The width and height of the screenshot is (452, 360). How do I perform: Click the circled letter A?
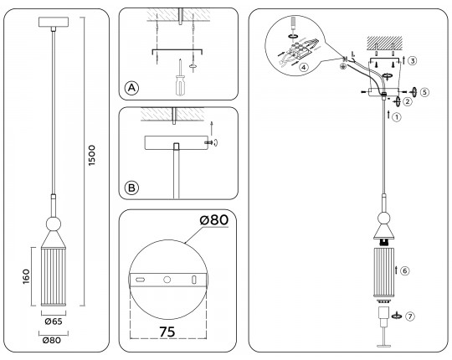(x=131, y=88)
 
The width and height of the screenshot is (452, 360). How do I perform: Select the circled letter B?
(x=131, y=187)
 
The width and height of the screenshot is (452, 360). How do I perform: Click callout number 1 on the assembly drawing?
(x=397, y=118)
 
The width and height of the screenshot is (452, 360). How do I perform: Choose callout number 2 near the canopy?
(x=408, y=102)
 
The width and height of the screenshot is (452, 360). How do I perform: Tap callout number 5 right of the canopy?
(x=424, y=91)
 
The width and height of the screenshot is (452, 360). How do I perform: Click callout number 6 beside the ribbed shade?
(x=404, y=270)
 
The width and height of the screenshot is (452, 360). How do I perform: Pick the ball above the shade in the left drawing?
(x=53, y=224)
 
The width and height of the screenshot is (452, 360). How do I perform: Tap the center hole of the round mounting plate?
(x=167, y=278)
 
